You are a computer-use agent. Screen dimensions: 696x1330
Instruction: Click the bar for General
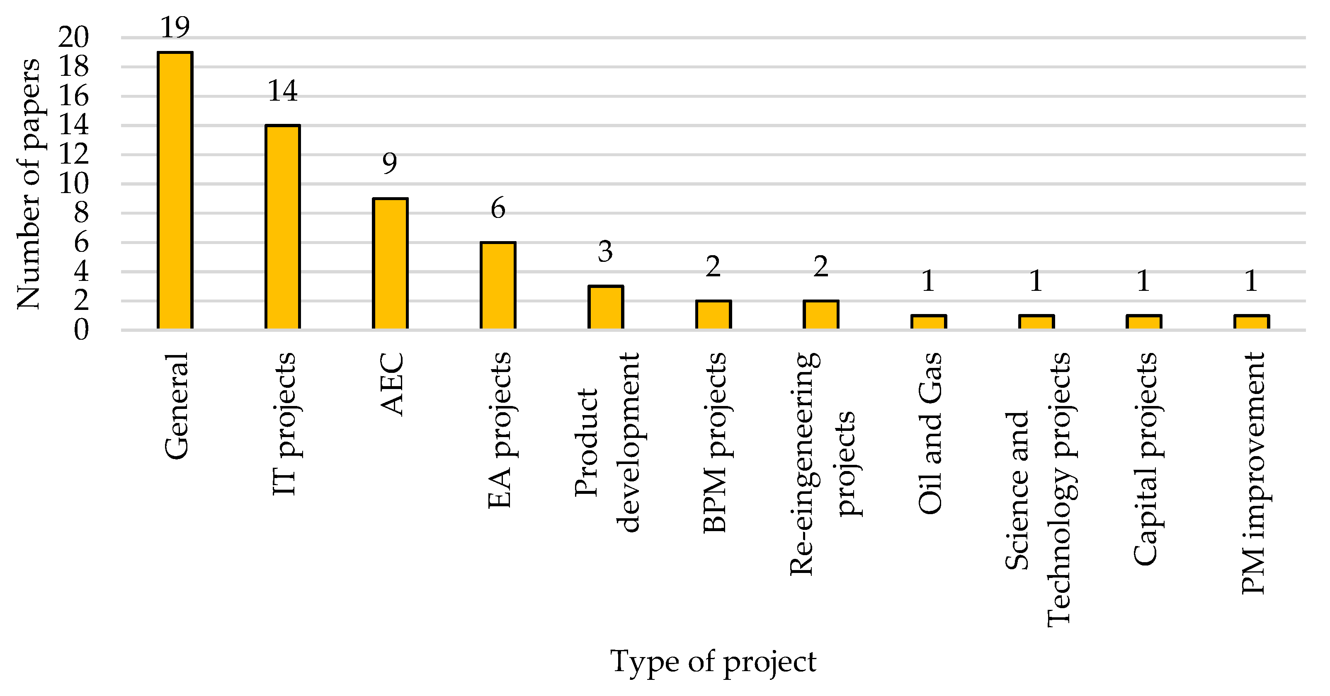tap(175, 191)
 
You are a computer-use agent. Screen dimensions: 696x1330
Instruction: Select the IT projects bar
tap(282, 227)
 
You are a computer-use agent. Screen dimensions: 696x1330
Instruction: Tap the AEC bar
tap(390, 263)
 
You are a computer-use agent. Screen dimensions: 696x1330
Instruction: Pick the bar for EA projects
tap(498, 285)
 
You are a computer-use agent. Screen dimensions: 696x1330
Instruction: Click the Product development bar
tap(606, 307)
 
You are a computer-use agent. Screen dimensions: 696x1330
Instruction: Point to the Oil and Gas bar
tap(928, 322)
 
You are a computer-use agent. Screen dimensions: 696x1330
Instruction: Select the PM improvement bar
tap(1252, 322)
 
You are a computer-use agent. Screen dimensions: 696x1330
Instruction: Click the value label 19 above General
tap(175, 27)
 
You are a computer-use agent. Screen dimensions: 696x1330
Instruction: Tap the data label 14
tap(282, 91)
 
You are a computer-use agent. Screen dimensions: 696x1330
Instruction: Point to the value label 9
tap(390, 164)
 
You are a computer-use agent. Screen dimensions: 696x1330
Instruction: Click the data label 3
tap(605, 252)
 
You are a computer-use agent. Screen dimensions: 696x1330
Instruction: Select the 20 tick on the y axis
tap(73, 37)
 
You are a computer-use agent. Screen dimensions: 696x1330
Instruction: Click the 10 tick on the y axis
tap(73, 184)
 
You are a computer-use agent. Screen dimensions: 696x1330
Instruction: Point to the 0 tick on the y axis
tap(81, 330)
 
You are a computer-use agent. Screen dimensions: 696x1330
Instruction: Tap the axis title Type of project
tap(713, 662)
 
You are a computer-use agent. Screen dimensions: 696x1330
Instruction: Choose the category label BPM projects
tap(715, 443)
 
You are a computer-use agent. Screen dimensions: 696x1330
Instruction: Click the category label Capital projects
tap(1145, 459)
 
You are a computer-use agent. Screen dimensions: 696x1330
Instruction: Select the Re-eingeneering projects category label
tap(823, 463)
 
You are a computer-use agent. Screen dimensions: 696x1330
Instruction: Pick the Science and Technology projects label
tap(1038, 490)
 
